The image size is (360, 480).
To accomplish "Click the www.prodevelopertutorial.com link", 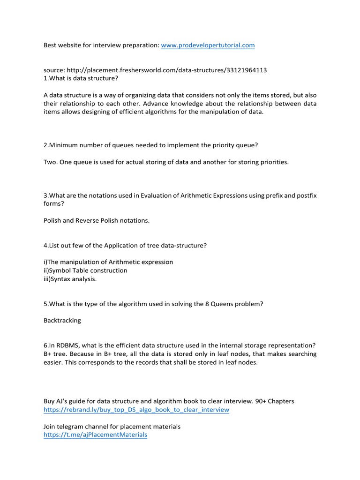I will (208, 45).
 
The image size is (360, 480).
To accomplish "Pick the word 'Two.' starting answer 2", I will (51, 162).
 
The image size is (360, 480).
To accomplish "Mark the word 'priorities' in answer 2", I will (273, 162).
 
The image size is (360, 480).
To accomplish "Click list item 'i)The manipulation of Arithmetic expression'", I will (108, 262).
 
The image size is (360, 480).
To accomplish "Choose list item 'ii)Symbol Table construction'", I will (85, 270).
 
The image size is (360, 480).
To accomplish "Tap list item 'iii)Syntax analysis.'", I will (70, 279).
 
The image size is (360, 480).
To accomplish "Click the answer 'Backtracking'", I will (62, 321).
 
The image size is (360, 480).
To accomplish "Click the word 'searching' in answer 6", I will (301, 354).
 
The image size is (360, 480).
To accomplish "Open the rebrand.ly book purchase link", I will (136, 410).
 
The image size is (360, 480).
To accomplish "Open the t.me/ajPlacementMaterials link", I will (95, 435).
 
